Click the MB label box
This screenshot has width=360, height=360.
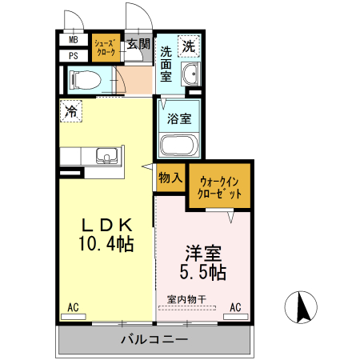(74, 40)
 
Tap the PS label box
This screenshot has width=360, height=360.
(74, 55)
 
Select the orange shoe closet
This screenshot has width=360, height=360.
(106, 46)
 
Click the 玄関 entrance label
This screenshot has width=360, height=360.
(138, 45)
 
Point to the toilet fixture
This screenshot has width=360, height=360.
(83, 79)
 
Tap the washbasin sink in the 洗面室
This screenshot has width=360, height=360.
(190, 75)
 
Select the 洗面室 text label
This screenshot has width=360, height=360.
(166, 64)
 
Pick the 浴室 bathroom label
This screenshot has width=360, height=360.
(179, 119)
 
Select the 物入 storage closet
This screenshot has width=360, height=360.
(170, 178)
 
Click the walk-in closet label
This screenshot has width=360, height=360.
(219, 187)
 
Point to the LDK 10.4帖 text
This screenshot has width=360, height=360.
(104, 233)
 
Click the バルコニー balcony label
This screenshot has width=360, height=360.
(154, 340)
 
